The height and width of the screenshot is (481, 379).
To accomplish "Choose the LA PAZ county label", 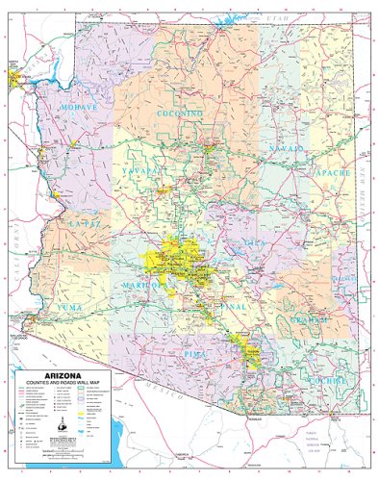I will [x=84, y=223].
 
